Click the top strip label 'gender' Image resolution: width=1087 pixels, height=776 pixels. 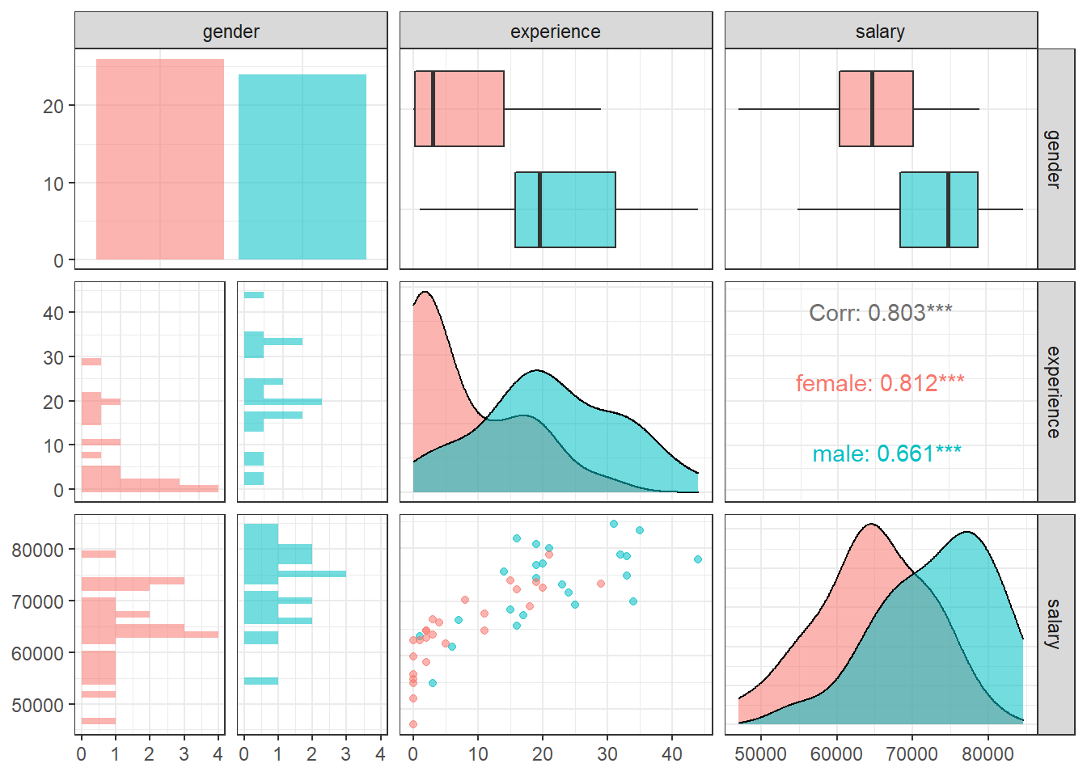point(231,32)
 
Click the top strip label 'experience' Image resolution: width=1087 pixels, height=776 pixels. point(556,32)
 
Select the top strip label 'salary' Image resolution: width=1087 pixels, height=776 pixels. point(880,32)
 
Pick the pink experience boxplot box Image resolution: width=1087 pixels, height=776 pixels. point(459,108)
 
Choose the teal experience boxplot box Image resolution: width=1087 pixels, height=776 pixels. point(565,209)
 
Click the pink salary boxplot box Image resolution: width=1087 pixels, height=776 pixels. point(876,108)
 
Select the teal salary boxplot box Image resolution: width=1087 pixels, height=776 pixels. point(939,209)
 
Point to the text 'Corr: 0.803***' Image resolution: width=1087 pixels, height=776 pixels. point(881,313)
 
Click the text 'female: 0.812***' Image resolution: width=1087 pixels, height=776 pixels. point(880,383)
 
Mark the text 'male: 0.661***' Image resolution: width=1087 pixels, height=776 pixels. point(886,453)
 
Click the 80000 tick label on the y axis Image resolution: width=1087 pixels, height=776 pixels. point(37,550)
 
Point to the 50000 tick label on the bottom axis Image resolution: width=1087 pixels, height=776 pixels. point(760,754)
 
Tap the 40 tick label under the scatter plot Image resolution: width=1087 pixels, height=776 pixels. point(672,754)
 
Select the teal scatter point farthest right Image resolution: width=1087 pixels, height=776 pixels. point(698,559)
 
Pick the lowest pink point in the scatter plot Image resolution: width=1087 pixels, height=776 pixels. point(413,724)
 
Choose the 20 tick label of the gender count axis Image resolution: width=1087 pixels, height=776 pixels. point(53,107)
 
